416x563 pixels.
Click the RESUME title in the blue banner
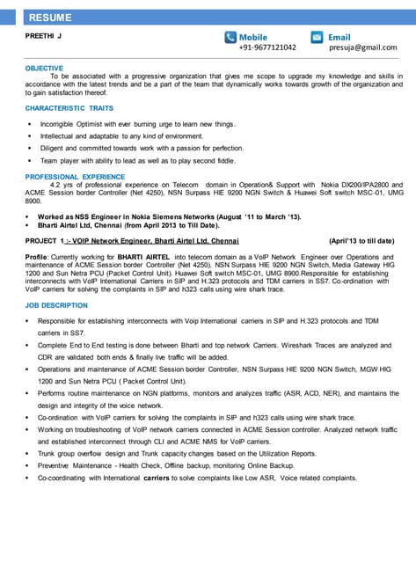[50, 18]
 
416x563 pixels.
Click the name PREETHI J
[43, 36]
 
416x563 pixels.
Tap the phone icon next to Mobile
[230, 37]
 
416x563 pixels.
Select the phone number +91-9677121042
[267, 48]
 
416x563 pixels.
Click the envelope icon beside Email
[319, 37]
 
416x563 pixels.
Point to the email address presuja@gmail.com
[363, 48]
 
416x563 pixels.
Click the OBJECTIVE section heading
[44, 68]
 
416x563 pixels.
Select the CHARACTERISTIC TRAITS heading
[69, 107]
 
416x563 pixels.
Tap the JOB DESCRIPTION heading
[56, 305]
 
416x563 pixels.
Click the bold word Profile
[36, 255]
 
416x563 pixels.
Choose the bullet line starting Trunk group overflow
[176, 453]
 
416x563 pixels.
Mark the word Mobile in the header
[253, 37]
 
